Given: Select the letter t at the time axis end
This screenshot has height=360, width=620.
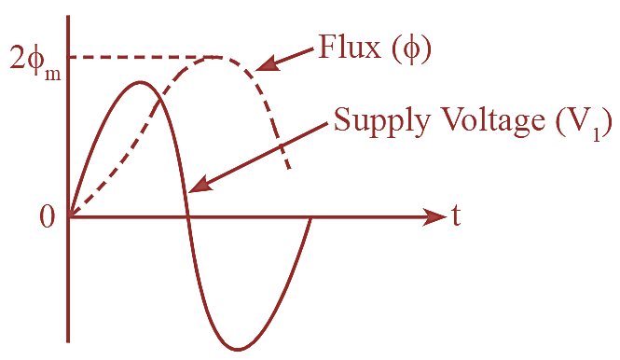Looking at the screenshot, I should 457,216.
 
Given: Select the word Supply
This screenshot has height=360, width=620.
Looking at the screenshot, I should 377,121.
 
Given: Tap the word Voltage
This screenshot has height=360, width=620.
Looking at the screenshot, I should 485,121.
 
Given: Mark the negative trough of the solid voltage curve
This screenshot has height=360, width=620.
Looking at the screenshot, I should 239,350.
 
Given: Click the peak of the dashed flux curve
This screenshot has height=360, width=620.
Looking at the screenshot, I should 215,57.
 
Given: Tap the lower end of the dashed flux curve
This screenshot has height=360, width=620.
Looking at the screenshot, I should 290,169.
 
